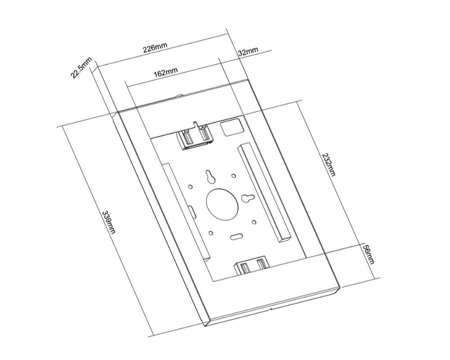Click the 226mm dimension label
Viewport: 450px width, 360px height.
tap(155, 48)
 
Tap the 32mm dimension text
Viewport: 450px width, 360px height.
tap(248, 51)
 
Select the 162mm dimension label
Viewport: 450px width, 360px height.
tap(166, 72)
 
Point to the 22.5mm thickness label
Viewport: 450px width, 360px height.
tap(81, 68)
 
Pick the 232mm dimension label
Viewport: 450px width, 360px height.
tap(329, 165)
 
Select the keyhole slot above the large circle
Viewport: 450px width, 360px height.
tap(210, 177)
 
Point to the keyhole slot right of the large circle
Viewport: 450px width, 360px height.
tap(247, 198)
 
